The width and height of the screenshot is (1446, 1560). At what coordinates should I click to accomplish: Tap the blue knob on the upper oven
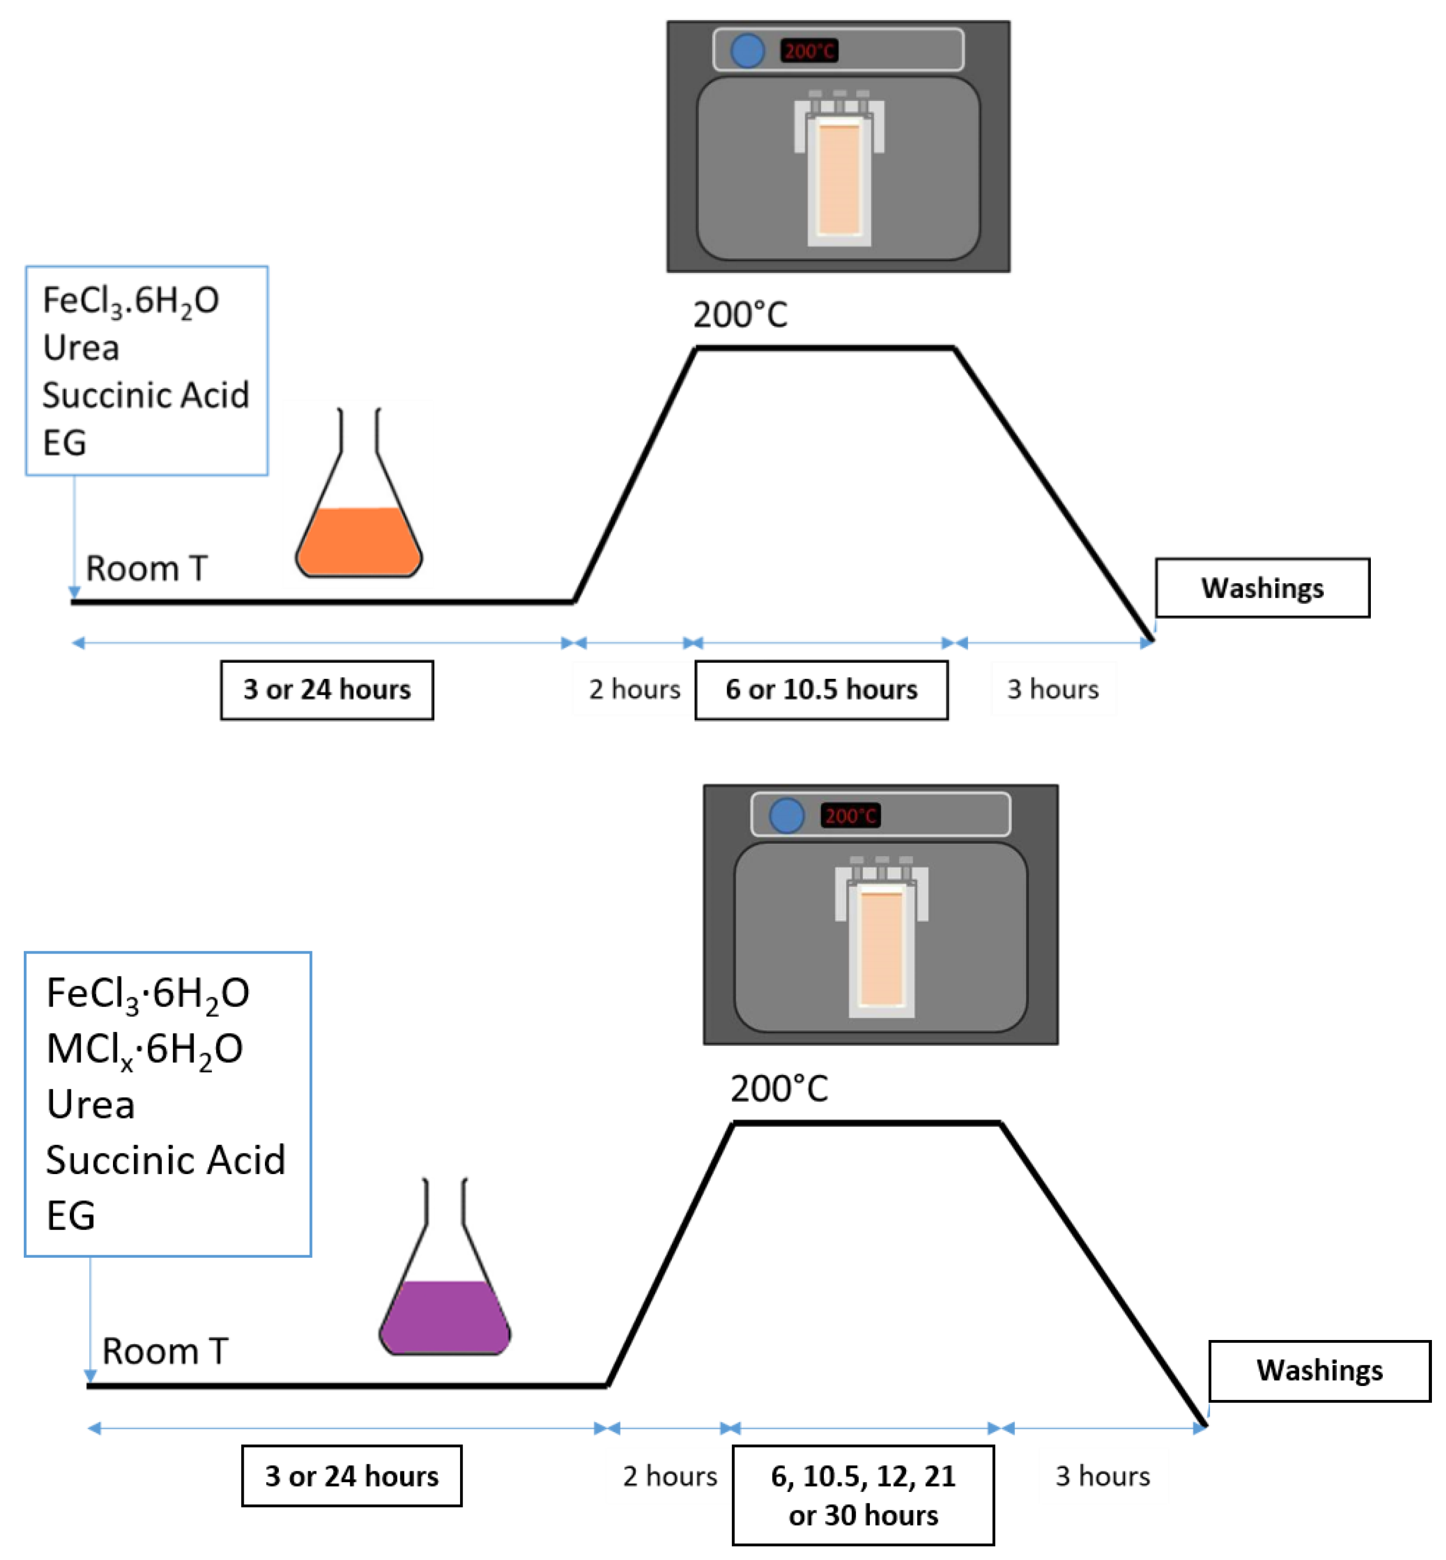(x=747, y=51)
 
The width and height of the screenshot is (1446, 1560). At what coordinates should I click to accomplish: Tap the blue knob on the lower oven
(x=787, y=815)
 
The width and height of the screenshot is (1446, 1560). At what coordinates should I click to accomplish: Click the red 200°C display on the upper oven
(x=809, y=51)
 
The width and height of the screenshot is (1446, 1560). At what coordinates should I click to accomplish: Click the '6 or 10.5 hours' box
(x=821, y=689)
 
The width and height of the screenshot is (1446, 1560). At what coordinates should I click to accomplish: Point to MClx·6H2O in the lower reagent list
(x=145, y=1049)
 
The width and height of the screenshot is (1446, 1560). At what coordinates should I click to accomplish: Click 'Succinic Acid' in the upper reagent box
(x=145, y=395)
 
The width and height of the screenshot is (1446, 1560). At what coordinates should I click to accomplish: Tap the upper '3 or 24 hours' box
(x=326, y=689)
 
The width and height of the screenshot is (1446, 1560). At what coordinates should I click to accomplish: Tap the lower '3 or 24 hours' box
(x=351, y=1476)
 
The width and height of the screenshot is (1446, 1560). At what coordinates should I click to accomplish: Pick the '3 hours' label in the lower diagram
(x=1103, y=1476)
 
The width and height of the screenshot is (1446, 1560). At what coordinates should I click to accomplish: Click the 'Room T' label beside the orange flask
(x=146, y=569)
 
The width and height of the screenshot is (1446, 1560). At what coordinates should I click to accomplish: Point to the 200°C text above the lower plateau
(x=779, y=1088)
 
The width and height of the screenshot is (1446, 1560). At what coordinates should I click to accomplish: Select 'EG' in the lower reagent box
(x=70, y=1216)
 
